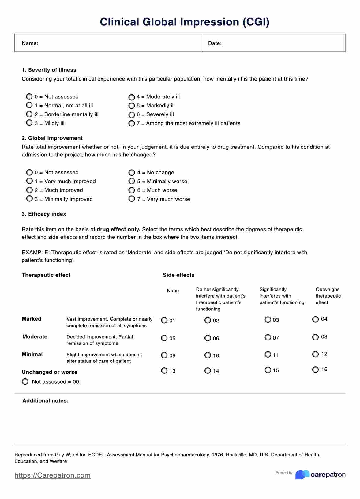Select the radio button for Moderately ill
tap(132, 97)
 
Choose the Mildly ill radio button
tap(29, 123)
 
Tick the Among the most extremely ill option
tap(132, 123)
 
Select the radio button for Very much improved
tap(29, 181)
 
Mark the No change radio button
tap(132, 173)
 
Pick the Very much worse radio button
tap(132, 199)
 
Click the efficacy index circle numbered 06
tap(208, 338)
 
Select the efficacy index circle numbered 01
tap(164, 320)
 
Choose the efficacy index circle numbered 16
tap(315, 370)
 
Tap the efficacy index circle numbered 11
tap(268, 355)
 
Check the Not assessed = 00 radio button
tap(25, 381)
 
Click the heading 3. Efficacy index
tap(44, 214)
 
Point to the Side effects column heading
tap(178, 275)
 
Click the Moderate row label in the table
tap(35, 336)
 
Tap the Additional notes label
tap(45, 400)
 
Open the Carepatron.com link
tap(52, 475)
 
